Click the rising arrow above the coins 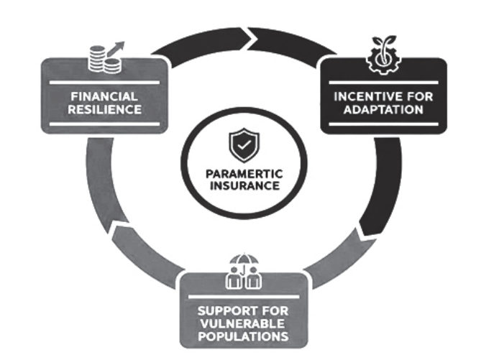(x=117, y=49)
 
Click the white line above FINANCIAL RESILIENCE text (x=106, y=82)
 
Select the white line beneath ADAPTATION (x=383, y=123)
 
